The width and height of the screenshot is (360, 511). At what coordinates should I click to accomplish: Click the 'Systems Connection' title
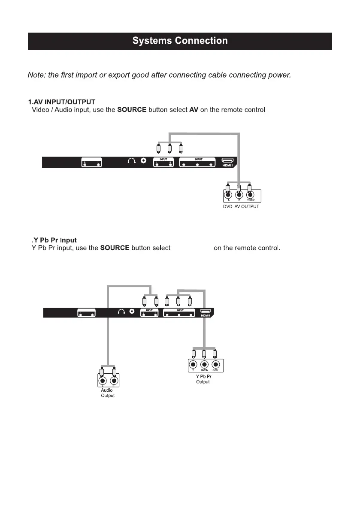(180, 41)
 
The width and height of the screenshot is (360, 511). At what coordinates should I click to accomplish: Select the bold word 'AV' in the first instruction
(194, 110)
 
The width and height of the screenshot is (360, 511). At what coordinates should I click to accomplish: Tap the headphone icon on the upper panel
(132, 161)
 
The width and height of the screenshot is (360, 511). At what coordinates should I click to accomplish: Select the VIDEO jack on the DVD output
(249, 196)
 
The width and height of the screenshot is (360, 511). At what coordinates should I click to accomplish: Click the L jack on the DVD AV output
(228, 196)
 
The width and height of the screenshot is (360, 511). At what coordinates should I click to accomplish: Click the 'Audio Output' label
(107, 393)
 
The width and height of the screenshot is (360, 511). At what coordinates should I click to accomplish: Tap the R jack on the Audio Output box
(114, 381)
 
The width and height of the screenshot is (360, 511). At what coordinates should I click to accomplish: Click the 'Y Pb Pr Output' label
(203, 379)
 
